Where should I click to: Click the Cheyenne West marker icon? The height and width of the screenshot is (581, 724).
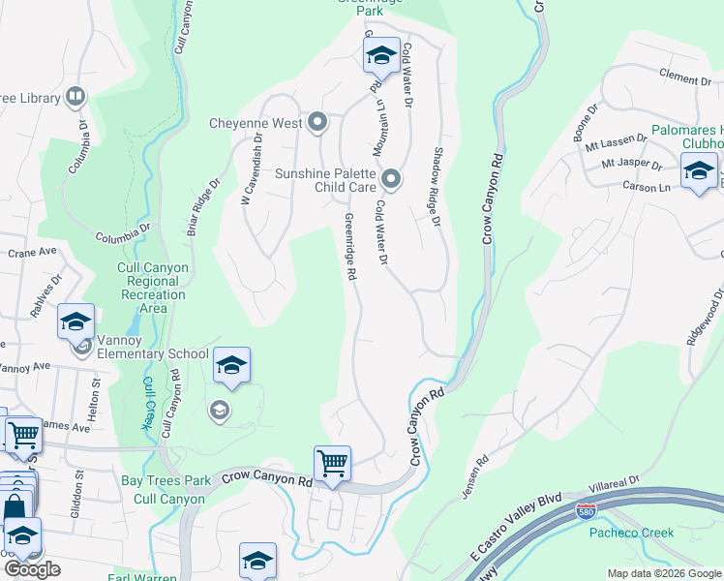pos(317,123)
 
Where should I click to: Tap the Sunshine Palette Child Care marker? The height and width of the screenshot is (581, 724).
pos(391,179)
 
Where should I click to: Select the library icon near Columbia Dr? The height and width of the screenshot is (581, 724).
pos(75,97)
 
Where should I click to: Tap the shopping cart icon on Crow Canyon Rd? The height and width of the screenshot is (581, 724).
pos(332,464)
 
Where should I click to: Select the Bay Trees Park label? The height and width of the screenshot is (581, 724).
pos(166,480)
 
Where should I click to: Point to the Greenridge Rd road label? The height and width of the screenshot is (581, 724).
pos(349,248)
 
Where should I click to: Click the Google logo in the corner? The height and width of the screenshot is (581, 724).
pos(32,569)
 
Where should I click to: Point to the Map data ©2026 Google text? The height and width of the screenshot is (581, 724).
pos(662,573)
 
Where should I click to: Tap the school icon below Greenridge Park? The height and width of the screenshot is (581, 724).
pos(381,57)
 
